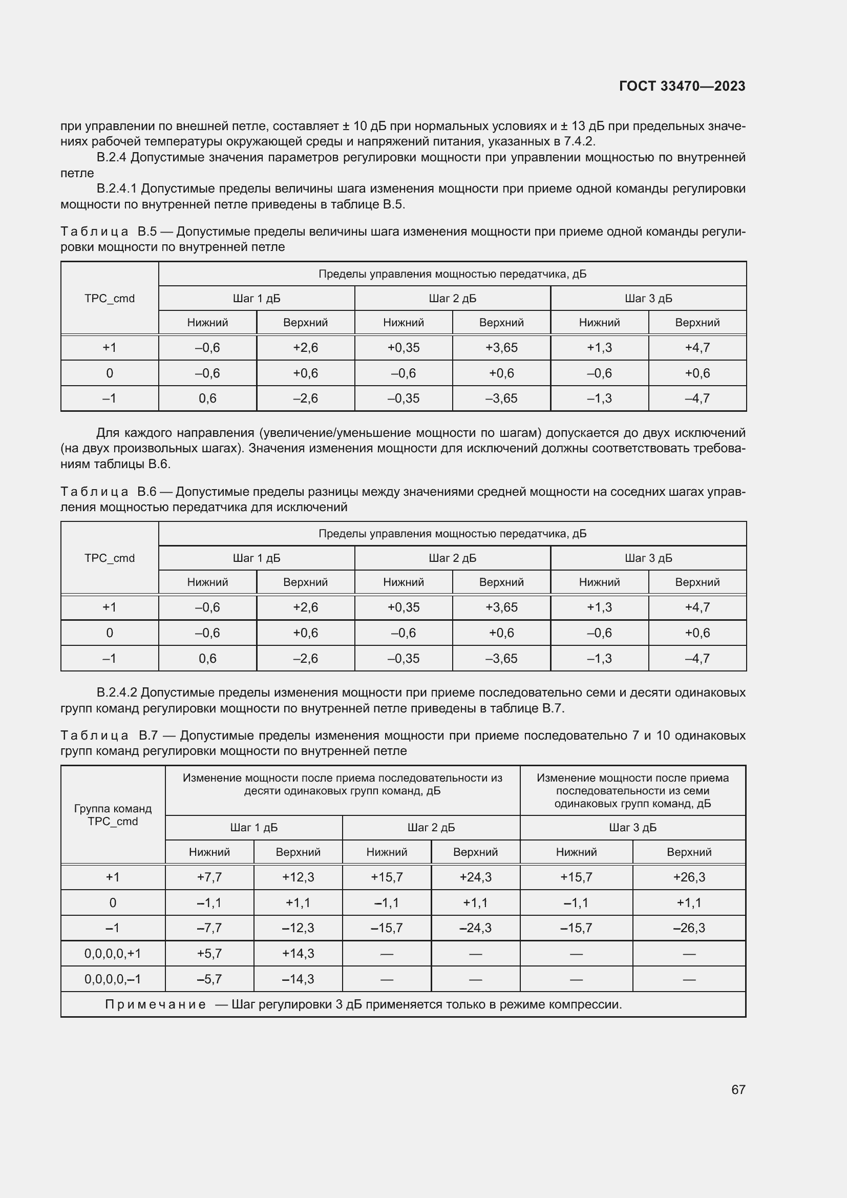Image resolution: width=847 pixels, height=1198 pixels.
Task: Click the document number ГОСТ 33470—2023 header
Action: (x=682, y=86)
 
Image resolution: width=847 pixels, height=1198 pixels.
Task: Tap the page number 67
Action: (x=738, y=1089)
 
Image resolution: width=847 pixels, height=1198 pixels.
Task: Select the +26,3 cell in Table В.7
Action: (x=688, y=877)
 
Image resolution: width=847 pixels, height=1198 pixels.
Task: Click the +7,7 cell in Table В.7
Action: (x=209, y=877)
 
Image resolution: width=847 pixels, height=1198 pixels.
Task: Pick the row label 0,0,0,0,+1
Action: (x=113, y=953)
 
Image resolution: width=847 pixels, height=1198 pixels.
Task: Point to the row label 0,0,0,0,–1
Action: (x=113, y=979)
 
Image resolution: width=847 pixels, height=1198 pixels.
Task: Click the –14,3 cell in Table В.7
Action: (x=298, y=979)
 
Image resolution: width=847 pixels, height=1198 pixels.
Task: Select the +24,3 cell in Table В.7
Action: (x=475, y=877)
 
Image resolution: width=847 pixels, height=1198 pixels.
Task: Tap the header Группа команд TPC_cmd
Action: (x=113, y=814)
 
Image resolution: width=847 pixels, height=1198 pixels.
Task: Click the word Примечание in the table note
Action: (x=156, y=1004)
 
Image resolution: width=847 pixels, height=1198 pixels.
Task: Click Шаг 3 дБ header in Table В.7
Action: (x=632, y=828)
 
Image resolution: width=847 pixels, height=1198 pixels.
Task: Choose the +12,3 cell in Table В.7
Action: (x=298, y=877)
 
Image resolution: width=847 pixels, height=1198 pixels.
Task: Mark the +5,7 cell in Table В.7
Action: (x=209, y=953)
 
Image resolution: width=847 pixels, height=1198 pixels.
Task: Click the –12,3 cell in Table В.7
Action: (x=298, y=928)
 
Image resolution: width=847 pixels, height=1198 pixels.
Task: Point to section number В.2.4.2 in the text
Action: (x=116, y=692)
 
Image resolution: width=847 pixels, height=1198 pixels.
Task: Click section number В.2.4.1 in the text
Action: (x=116, y=188)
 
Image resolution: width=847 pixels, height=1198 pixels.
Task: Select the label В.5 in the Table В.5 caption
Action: (x=147, y=231)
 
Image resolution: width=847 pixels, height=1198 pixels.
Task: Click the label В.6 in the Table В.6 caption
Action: (x=146, y=492)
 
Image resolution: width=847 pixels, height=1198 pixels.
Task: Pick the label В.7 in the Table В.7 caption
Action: (x=148, y=735)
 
